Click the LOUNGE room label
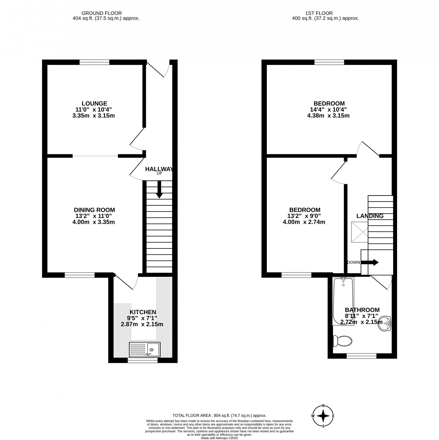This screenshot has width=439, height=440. point(94,104)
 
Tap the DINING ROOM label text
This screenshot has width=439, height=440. point(94,210)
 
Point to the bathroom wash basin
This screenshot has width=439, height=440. point(385,323)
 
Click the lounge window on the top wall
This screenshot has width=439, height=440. point(95,62)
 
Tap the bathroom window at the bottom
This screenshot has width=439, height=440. point(361,356)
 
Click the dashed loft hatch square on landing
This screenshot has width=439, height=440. point(360,232)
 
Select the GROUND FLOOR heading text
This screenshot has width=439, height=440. point(102,13)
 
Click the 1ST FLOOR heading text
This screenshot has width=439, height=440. point(319,13)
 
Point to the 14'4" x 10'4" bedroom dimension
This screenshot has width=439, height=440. point(329,110)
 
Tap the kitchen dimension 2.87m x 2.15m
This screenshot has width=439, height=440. point(142,324)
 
